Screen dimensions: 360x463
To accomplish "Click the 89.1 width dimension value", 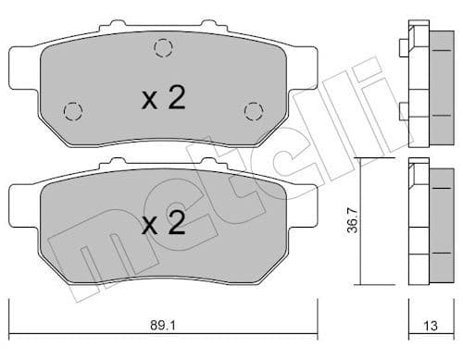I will (167, 326).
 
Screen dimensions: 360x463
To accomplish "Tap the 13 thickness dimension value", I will (429, 326).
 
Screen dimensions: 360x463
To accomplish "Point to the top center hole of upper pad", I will (163, 48).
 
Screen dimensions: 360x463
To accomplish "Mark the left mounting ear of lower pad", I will (21, 198).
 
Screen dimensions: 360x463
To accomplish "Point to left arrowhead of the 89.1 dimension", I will (13, 312).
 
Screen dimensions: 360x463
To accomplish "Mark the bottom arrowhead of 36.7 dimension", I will (360, 282).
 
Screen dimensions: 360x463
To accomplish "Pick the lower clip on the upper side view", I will (405, 111).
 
